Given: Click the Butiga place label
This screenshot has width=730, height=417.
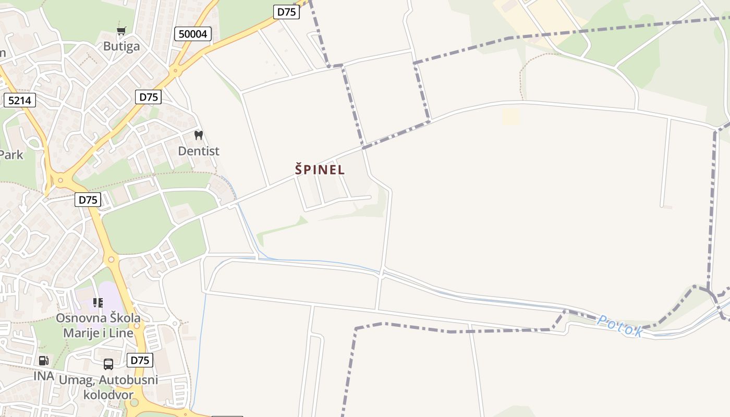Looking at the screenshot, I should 121,46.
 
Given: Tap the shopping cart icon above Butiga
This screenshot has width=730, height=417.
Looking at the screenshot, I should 121,31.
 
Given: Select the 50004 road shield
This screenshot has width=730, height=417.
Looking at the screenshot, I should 192,34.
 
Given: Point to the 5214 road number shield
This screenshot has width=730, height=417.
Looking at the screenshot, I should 20,100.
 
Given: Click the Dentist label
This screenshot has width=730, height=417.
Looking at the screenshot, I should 199,151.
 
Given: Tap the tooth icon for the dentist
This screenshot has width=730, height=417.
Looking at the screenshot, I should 198,136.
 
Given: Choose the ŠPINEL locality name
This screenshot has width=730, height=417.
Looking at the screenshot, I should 320,170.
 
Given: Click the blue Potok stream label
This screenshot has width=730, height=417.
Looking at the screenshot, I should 619,326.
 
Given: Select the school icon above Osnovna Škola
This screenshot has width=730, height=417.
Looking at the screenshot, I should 98,303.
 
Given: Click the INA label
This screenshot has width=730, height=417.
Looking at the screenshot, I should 44,376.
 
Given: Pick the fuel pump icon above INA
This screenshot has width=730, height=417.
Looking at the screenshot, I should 44,360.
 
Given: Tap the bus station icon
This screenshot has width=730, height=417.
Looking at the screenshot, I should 108,364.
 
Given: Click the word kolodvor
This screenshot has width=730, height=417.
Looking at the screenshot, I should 108,394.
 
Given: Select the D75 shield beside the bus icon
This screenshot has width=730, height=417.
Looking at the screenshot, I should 140,360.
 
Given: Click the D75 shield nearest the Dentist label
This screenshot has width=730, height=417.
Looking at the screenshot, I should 149,96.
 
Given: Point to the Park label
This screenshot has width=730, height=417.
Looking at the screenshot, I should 10,155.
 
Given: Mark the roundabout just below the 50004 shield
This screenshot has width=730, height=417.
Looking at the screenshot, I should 175,71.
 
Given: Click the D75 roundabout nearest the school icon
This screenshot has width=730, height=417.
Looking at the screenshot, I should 111,259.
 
